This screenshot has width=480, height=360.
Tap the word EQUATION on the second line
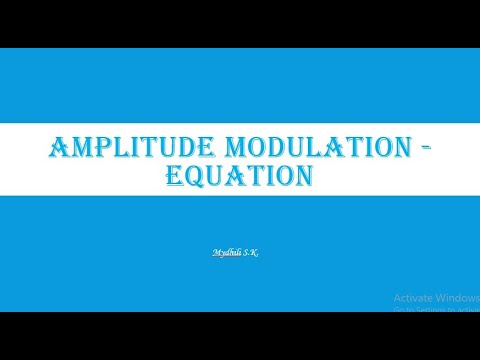[x=240, y=177]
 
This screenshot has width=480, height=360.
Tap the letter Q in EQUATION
[x=196, y=178]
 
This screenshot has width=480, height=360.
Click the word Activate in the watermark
[x=413, y=298]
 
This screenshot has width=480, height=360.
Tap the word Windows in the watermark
[x=457, y=298]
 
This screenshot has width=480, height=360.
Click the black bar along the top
[x=240, y=22]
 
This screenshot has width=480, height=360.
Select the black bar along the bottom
[x=240, y=336]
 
